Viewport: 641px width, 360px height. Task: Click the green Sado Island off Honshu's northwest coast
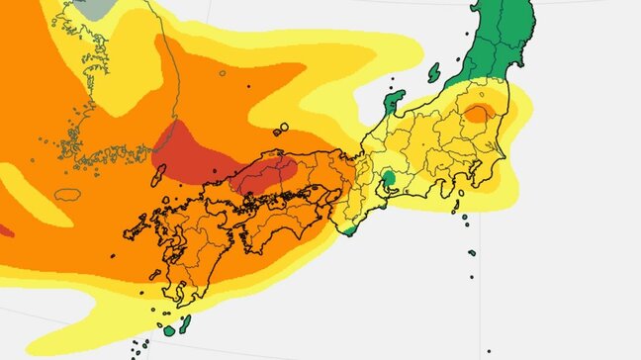433,71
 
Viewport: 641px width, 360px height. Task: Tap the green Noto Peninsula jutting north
394,100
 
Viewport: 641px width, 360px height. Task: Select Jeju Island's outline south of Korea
65,194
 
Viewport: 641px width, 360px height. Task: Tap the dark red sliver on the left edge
4,231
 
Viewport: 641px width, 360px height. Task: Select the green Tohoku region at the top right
495,40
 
